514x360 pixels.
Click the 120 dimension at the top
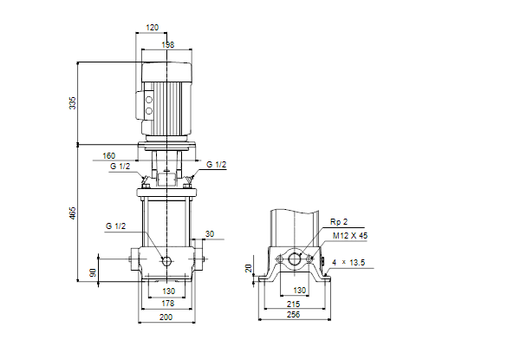[153, 27]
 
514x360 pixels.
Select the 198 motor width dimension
[168, 44]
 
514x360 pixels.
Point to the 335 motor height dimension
[72, 103]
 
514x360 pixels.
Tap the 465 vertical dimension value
[72, 213]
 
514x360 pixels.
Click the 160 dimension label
[109, 155]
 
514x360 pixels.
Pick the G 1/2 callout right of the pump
[217, 165]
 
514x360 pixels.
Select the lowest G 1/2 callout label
[116, 226]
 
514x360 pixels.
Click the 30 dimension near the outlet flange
[210, 233]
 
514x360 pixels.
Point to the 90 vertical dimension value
[93, 272]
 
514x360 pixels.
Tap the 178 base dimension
[168, 304]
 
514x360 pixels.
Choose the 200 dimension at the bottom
[166, 317]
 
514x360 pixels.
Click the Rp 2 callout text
[339, 222]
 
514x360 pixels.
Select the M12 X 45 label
[350, 236]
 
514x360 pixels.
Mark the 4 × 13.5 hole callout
[348, 263]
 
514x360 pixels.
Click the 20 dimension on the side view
[249, 268]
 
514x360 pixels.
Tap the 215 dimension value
[293, 304]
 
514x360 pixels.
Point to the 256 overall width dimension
[293, 314]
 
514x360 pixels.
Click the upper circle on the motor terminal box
[149, 100]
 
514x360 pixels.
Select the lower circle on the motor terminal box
[149, 111]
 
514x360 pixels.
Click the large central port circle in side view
[295, 259]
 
